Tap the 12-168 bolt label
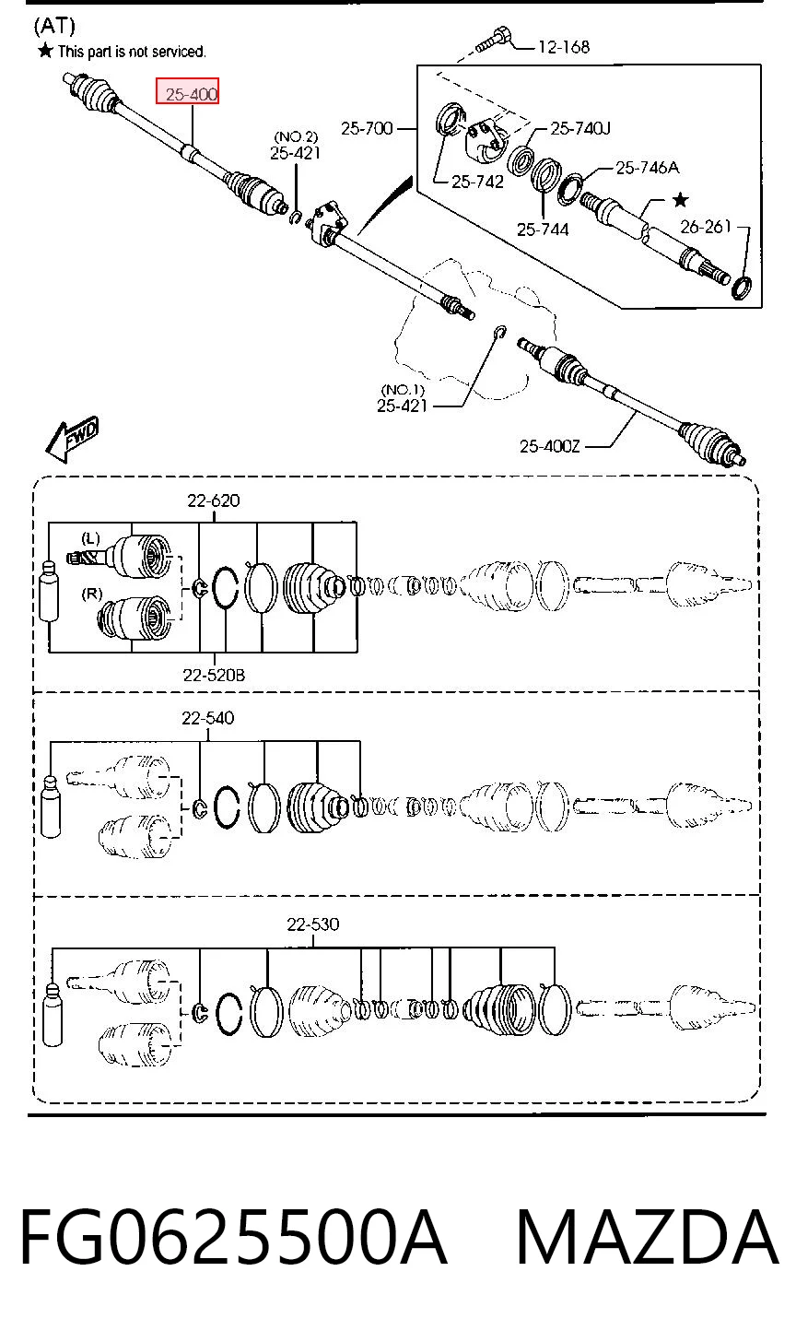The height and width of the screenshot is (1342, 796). click(x=564, y=47)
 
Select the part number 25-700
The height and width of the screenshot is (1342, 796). click(x=367, y=128)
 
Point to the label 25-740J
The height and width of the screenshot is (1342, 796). click(x=579, y=128)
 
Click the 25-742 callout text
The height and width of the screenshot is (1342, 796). click(x=477, y=182)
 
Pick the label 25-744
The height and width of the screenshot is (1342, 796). click(x=543, y=230)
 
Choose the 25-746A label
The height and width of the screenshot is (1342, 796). click(x=648, y=168)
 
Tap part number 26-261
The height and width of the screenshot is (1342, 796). click(x=706, y=227)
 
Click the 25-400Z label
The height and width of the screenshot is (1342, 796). click(x=549, y=446)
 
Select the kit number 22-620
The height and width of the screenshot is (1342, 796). click(x=213, y=500)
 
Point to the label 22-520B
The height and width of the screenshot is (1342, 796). click(x=214, y=676)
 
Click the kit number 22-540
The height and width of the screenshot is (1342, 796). click(x=208, y=718)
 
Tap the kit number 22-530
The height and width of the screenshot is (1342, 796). click(x=312, y=924)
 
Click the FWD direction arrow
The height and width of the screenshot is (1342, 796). click(x=72, y=439)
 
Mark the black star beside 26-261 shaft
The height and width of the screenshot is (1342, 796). click(x=681, y=199)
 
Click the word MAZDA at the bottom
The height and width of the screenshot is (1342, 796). click(x=647, y=1237)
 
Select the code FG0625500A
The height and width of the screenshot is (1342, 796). click(x=234, y=1237)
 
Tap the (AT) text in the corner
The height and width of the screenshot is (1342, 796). click(x=54, y=26)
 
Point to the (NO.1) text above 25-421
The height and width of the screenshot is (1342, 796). click(x=402, y=391)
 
